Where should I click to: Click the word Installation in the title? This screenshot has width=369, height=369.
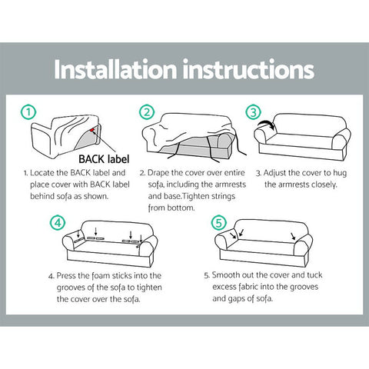pos(115,69)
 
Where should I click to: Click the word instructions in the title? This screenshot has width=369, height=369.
pos(248,69)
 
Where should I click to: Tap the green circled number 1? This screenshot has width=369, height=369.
pos(28,112)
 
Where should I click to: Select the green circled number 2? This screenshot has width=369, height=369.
pos(147,112)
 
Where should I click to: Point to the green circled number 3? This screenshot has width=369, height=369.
pos(253,112)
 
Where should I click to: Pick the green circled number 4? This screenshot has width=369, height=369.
pos(58,222)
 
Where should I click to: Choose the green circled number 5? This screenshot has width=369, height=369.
pos(219,222)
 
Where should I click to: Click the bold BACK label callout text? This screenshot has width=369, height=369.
pos(104,159)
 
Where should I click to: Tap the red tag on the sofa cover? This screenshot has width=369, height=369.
pos(92,130)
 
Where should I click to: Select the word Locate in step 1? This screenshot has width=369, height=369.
pos(42,173)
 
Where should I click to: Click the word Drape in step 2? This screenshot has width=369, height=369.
pos(158,173)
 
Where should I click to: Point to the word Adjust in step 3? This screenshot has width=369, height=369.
pos(274,173)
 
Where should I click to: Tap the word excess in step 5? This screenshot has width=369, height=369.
pos(224,287)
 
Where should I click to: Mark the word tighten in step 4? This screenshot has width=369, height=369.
pos(149,288)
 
